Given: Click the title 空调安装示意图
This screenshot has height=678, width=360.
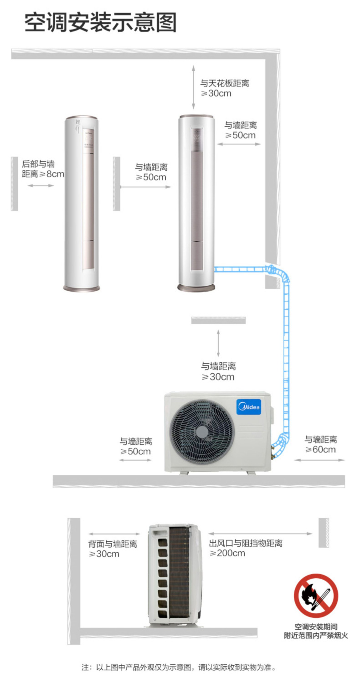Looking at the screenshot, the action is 100,22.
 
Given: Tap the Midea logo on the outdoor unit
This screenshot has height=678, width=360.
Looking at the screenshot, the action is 249,406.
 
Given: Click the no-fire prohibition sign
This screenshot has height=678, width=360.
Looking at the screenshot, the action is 316,596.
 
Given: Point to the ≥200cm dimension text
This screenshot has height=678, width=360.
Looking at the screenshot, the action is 227,553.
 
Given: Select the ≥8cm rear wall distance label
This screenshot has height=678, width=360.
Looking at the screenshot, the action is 43,169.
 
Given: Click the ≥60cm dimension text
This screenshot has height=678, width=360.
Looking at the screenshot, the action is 320,449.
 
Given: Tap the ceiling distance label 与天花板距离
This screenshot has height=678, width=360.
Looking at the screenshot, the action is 225,83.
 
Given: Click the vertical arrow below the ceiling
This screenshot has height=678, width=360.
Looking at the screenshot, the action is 194,87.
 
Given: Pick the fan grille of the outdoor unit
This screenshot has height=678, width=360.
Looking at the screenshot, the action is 202,431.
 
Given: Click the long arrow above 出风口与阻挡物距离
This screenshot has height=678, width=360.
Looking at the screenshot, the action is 260,533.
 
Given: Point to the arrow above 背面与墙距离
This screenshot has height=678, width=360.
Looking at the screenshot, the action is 114,534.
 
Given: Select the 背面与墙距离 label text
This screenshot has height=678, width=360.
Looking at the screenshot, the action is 113,544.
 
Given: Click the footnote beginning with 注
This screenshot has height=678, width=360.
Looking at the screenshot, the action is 179,667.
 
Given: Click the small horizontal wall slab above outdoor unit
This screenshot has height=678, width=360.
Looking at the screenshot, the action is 218,320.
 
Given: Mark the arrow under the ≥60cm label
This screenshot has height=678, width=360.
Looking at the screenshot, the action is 319,460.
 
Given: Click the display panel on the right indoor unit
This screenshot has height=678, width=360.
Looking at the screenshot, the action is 197,139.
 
